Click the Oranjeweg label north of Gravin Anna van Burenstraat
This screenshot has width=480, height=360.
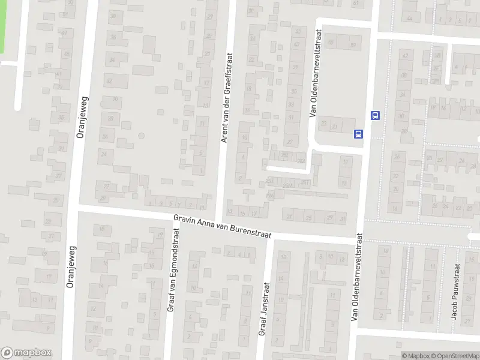pos(83,118)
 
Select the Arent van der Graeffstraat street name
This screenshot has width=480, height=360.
pos(227,98)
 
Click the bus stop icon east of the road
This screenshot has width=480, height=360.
pos(376,115)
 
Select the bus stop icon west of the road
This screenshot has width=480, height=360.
pos(359,134)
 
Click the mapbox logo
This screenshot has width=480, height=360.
pos(26,353)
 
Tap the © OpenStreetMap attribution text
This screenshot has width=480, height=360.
pos(453,356)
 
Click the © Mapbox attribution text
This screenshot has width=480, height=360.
pos(415,356)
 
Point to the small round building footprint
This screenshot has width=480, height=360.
pos(141,136)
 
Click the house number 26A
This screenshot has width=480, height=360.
pos(301,160)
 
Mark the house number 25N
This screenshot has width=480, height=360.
pos(287,185)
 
